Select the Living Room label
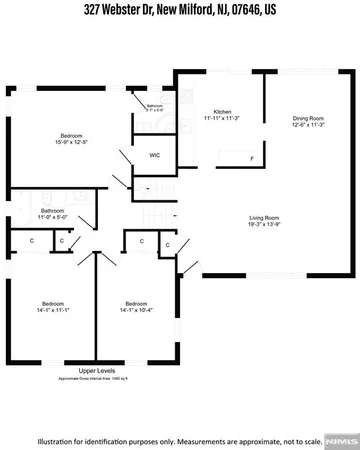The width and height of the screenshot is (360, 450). pos(264,216)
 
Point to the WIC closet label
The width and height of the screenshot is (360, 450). pos(155,155)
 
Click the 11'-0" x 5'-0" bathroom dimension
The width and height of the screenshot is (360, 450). pos(52,217)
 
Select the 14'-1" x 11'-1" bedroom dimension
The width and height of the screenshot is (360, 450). pos(53,310)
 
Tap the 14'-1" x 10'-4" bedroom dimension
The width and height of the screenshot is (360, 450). pos(137,310)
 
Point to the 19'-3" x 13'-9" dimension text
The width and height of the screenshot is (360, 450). pos(264,223)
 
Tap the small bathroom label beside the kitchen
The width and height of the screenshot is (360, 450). pos(155,105)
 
